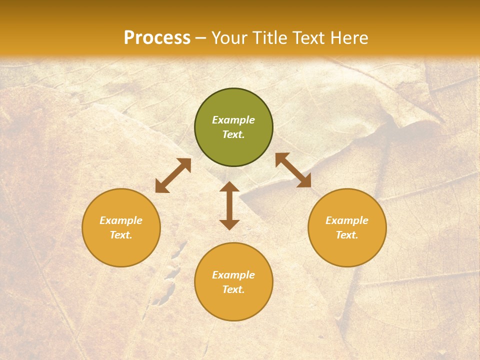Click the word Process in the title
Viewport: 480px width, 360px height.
(157, 38)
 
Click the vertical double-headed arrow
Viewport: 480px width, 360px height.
(229, 205)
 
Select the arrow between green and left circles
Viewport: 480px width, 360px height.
(173, 175)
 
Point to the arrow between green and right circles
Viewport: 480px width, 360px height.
(293, 170)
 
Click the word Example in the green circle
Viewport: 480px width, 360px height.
(233, 120)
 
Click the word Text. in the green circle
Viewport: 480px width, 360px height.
(233, 134)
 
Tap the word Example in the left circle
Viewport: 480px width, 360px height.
(121, 220)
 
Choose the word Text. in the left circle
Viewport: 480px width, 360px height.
(121, 235)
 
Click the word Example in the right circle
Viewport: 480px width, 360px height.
(347, 220)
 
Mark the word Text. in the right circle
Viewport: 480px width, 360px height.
(347, 235)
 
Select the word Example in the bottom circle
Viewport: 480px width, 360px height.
(233, 275)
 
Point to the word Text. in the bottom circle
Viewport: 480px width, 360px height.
(233, 289)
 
